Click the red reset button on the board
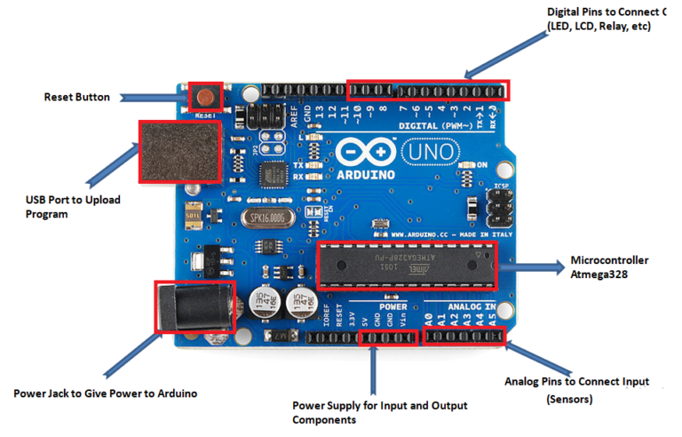pos(206,95)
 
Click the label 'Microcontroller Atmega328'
pos(609,267)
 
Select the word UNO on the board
pos(432,153)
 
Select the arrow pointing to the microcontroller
pos(533,266)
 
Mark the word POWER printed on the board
pos(393,306)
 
